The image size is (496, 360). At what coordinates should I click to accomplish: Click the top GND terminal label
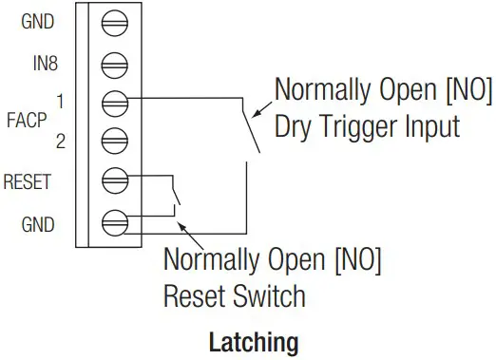click(x=37, y=21)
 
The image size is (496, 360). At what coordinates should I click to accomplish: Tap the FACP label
click(x=23, y=121)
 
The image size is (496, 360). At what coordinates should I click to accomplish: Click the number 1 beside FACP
click(x=60, y=100)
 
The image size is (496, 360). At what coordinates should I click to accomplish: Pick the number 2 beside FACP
click(x=60, y=142)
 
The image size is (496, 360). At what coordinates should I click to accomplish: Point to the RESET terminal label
click(x=29, y=180)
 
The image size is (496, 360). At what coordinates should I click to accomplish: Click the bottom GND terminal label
click(x=37, y=224)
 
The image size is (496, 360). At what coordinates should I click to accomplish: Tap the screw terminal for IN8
click(x=115, y=64)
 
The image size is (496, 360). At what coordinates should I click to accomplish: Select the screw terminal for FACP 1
click(x=115, y=100)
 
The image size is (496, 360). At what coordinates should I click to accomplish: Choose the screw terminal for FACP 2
click(x=115, y=138)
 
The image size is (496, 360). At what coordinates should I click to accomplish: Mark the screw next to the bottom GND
click(x=115, y=223)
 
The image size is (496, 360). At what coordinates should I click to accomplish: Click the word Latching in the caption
click(x=253, y=341)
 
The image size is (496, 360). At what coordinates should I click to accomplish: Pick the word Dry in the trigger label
click(x=296, y=125)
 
